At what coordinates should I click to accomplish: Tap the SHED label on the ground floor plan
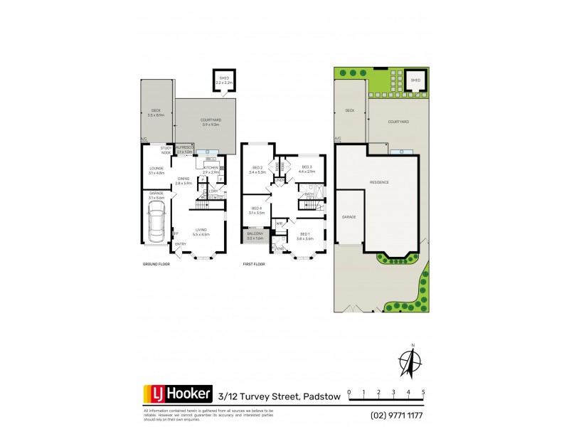click(x=224, y=79)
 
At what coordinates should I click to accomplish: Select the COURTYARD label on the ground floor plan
click(x=210, y=120)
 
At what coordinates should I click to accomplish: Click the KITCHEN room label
click(x=211, y=167)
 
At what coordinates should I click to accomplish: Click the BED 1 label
click(x=304, y=234)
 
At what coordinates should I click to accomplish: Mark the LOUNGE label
click(x=156, y=169)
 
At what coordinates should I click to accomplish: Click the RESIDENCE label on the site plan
click(x=379, y=182)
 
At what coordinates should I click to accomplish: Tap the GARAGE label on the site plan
click(x=349, y=216)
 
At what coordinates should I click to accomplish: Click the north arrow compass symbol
click(x=410, y=362)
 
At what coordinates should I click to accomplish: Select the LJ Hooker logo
click(x=178, y=394)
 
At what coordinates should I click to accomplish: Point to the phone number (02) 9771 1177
click(x=398, y=415)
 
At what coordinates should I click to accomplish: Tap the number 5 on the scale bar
click(x=423, y=392)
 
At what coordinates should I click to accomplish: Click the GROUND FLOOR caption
click(x=155, y=263)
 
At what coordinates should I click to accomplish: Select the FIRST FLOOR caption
click(x=254, y=263)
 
